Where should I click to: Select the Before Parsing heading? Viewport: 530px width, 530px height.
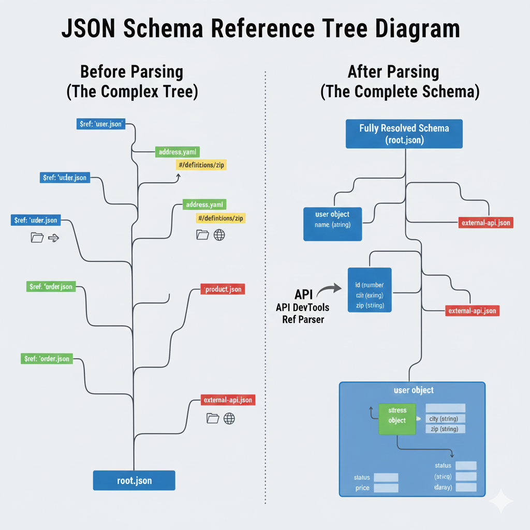(132, 71)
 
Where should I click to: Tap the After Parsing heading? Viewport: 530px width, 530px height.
(393, 71)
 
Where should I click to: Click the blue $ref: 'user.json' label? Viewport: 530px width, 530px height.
(101, 124)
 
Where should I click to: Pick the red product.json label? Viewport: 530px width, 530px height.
(223, 289)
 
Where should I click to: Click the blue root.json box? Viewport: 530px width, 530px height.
(134, 480)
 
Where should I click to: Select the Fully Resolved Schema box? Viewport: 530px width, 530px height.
(404, 134)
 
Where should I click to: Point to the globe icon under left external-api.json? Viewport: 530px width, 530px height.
(229, 418)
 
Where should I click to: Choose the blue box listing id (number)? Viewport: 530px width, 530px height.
(370, 290)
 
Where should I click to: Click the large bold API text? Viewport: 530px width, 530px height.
(303, 295)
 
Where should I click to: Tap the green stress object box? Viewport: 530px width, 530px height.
(397, 416)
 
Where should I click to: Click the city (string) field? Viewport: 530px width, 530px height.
(444, 419)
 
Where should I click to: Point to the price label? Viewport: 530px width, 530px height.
(362, 488)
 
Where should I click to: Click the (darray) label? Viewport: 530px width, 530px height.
(443, 488)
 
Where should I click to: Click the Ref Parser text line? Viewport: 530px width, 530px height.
(303, 320)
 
